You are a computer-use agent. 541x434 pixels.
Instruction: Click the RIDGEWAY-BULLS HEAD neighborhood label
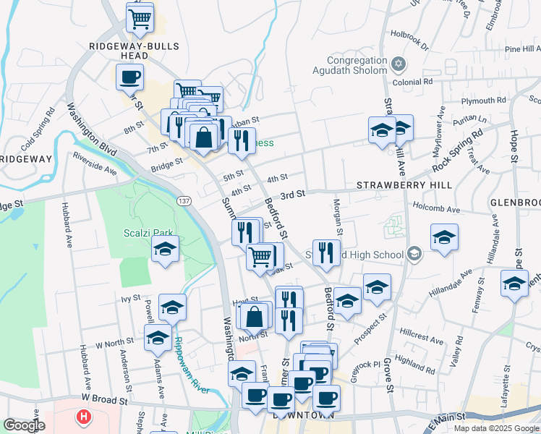[129, 50]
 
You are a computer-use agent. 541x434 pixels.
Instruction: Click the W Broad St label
[104, 399]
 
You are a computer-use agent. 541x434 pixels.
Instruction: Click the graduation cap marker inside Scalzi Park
[165, 250]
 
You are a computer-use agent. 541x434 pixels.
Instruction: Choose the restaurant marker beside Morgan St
[326, 252]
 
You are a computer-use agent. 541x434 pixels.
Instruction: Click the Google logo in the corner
[24, 426]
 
